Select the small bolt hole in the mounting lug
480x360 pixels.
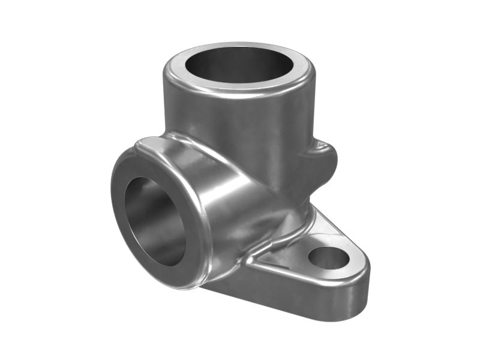coord(328,257)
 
